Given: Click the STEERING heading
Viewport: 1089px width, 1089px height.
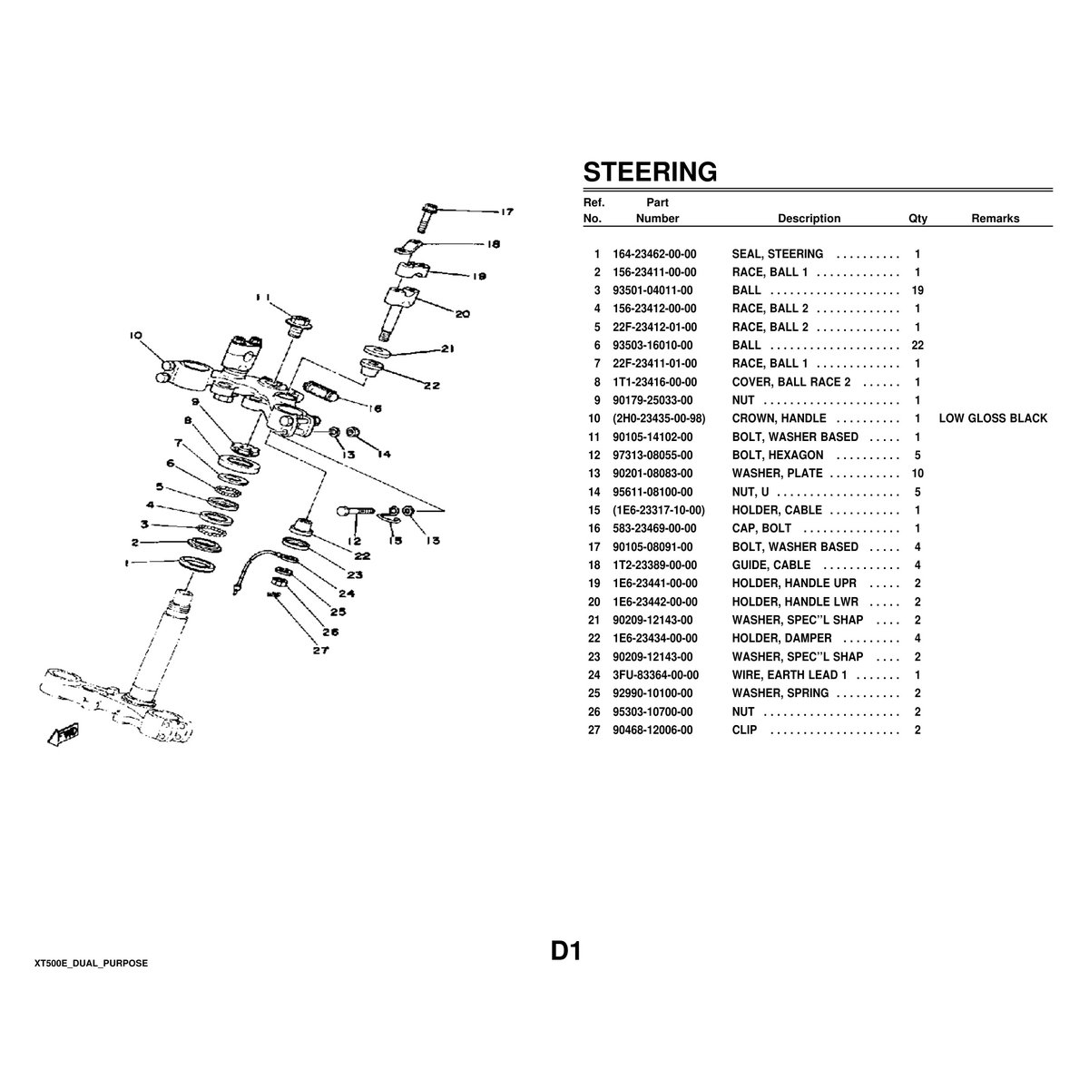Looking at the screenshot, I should (x=649, y=172).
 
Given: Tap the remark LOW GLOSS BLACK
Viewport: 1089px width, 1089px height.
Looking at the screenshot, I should (x=992, y=418).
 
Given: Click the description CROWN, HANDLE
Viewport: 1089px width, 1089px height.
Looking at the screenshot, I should (x=779, y=418).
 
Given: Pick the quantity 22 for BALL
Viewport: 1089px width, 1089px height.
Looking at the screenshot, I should (x=917, y=346).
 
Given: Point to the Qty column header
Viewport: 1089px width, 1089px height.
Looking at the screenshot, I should (x=917, y=219).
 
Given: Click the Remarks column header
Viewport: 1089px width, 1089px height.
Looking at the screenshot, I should (x=995, y=219).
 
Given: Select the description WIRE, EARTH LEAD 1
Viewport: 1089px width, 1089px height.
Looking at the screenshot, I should (x=789, y=675).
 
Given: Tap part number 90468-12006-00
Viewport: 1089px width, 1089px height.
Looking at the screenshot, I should (x=652, y=730).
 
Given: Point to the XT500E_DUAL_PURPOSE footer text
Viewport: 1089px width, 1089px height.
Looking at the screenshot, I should (x=91, y=963).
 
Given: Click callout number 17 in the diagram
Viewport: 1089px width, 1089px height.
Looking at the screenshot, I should (x=506, y=212).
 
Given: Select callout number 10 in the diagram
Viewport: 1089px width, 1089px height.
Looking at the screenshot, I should (x=136, y=335).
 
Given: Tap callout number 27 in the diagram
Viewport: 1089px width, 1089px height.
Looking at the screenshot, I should (x=319, y=650).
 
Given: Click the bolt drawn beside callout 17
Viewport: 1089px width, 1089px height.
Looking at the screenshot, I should (x=427, y=215).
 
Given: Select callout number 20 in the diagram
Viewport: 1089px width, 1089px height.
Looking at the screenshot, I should (x=462, y=315).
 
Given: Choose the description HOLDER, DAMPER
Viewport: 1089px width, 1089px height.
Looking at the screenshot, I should (x=769, y=639).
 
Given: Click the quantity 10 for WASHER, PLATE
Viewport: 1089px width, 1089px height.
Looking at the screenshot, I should (x=917, y=474).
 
